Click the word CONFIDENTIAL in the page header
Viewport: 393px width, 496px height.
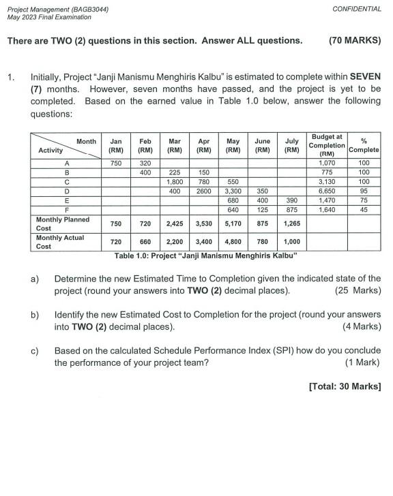pyautogui.click(x=357, y=9)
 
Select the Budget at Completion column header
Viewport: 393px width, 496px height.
pyautogui.click(x=326, y=144)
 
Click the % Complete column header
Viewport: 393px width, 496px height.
pyautogui.click(x=364, y=145)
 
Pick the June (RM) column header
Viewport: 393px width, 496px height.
pyautogui.click(x=262, y=145)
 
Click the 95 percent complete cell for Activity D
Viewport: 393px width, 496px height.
pyautogui.click(x=364, y=192)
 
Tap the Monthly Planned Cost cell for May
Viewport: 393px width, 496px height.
pyautogui.click(x=233, y=223)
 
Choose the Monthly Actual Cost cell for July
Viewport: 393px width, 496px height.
pyautogui.click(x=291, y=242)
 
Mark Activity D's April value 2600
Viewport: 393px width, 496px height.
pyautogui.click(x=203, y=192)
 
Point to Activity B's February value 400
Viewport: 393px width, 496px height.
pyautogui.click(x=145, y=173)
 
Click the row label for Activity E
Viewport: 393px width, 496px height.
pyautogui.click(x=66, y=202)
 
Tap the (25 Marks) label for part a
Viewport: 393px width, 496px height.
pyautogui.click(x=358, y=291)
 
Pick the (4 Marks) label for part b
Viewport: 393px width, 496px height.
pyautogui.click(x=361, y=326)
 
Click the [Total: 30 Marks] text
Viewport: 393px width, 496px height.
pyautogui.click(x=345, y=386)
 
